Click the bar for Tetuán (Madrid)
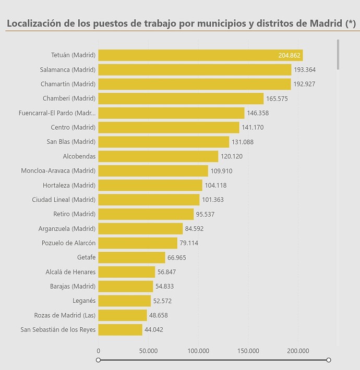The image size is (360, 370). (x=200, y=55)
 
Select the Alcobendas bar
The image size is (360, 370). (x=158, y=156)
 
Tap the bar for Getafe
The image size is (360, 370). (x=132, y=257)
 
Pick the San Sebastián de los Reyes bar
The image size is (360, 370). (x=120, y=329)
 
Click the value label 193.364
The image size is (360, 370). (x=305, y=70)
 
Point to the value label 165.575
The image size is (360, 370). (x=277, y=98)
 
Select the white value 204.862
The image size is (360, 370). (x=289, y=55)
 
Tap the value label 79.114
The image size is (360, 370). (x=189, y=243)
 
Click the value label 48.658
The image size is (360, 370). (x=158, y=315)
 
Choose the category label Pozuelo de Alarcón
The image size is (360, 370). (x=68, y=243)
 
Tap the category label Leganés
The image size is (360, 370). (x=84, y=301)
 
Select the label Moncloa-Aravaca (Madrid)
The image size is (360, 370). (x=58, y=170)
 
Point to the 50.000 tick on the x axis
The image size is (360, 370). (x=148, y=351)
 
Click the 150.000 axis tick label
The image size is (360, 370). (x=248, y=351)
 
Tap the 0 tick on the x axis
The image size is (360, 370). (x=99, y=351)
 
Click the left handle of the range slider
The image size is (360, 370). (x=99, y=360)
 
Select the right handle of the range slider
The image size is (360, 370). (x=329, y=360)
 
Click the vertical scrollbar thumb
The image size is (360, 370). (x=338, y=55)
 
